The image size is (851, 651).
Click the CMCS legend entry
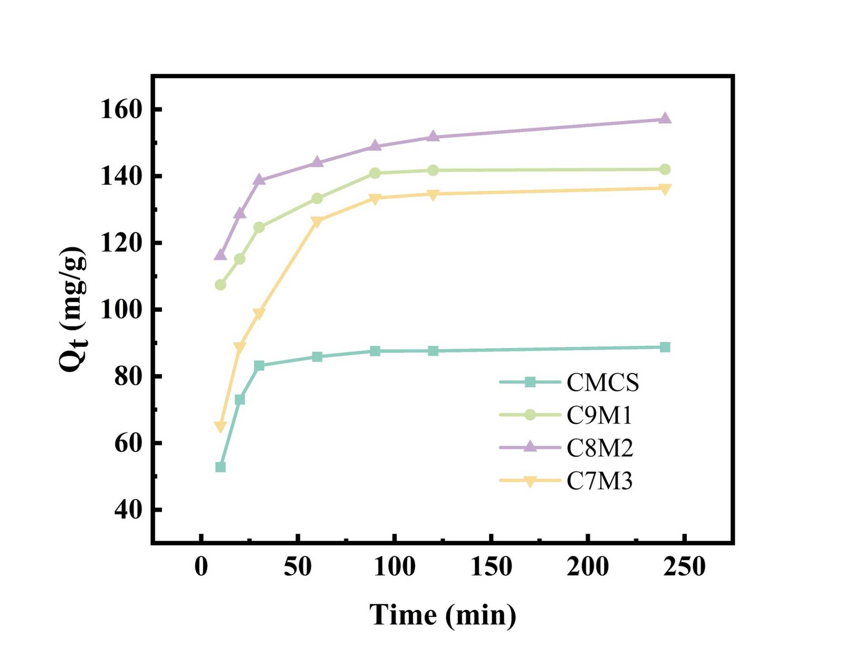pyautogui.click(x=603, y=382)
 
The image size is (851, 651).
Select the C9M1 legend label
pyautogui.click(x=599, y=415)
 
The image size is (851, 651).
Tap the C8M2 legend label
pyautogui.click(x=600, y=448)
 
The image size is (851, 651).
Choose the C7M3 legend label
pyautogui.click(x=599, y=481)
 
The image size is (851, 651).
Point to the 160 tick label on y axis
pyautogui.click(x=120, y=109)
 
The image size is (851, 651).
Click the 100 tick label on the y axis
pyautogui.click(x=120, y=310)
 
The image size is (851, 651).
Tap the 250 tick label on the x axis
pyautogui.click(x=684, y=567)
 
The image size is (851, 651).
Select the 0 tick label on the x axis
pyautogui.click(x=201, y=567)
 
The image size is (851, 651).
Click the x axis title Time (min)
pyautogui.click(x=443, y=615)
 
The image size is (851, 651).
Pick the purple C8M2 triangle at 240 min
pyautogui.click(x=665, y=118)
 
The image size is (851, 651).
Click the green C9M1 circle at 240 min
pyautogui.click(x=665, y=169)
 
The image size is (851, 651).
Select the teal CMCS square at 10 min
pyautogui.click(x=220, y=467)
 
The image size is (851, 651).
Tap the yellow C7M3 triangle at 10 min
pyautogui.click(x=220, y=426)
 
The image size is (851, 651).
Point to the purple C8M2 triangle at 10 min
pyautogui.click(x=220, y=254)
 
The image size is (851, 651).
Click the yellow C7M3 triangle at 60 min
pyautogui.click(x=317, y=221)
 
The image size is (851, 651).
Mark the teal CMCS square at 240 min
pyautogui.click(x=665, y=347)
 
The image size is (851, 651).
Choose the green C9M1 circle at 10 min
pyautogui.click(x=220, y=285)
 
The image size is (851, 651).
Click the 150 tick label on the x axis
pyautogui.click(x=491, y=567)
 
